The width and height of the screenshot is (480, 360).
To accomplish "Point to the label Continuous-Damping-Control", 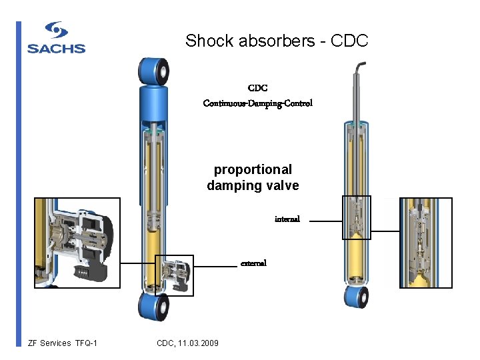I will click(x=257, y=103).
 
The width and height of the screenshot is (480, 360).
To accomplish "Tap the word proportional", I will click(x=253, y=170).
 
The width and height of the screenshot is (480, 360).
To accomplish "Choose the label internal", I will click(x=287, y=219).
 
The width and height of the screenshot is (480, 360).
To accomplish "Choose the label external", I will click(x=253, y=263).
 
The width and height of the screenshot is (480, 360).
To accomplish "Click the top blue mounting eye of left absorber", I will click(x=152, y=70).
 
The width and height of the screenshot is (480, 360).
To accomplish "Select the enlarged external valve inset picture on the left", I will click(x=77, y=243).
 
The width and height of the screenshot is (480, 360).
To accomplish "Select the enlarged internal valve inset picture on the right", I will click(x=425, y=243).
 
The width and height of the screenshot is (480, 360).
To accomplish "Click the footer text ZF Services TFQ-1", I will click(x=63, y=343).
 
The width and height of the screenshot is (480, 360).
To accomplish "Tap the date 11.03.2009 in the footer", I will click(x=198, y=343).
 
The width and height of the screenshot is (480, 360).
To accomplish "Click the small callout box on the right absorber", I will click(x=356, y=217).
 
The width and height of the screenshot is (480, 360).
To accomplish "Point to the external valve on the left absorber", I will click(x=175, y=275).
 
